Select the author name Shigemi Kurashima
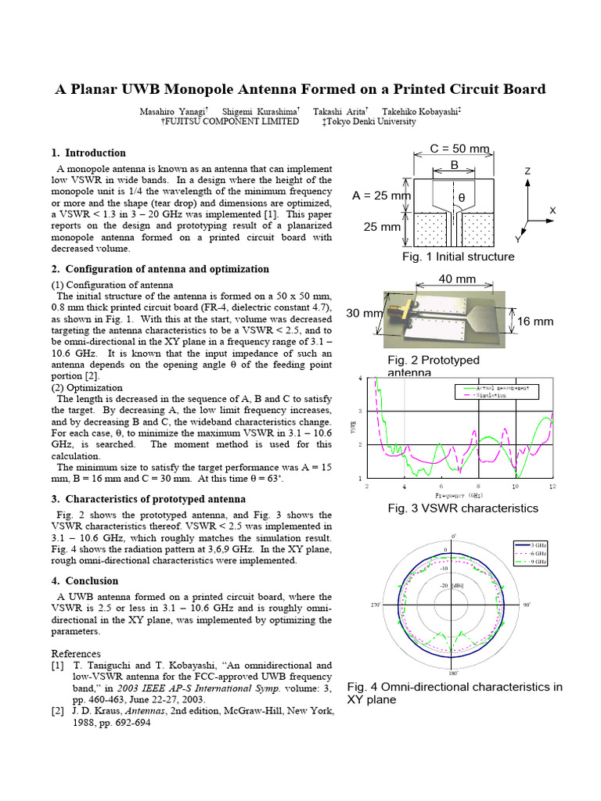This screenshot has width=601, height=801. click(x=261, y=112)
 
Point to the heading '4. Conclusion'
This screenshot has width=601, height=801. click(x=85, y=581)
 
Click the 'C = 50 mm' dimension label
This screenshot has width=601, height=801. click(x=461, y=149)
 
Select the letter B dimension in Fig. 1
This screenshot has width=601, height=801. click(x=454, y=165)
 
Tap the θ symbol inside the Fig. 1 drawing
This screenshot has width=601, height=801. click(x=461, y=198)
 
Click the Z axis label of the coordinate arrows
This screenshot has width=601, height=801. click(x=527, y=171)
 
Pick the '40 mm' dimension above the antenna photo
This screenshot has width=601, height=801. click(x=457, y=278)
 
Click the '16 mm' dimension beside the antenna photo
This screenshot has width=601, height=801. click(x=535, y=321)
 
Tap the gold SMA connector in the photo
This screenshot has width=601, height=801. click(x=393, y=310)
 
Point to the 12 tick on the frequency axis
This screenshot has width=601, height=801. click(x=552, y=487)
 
